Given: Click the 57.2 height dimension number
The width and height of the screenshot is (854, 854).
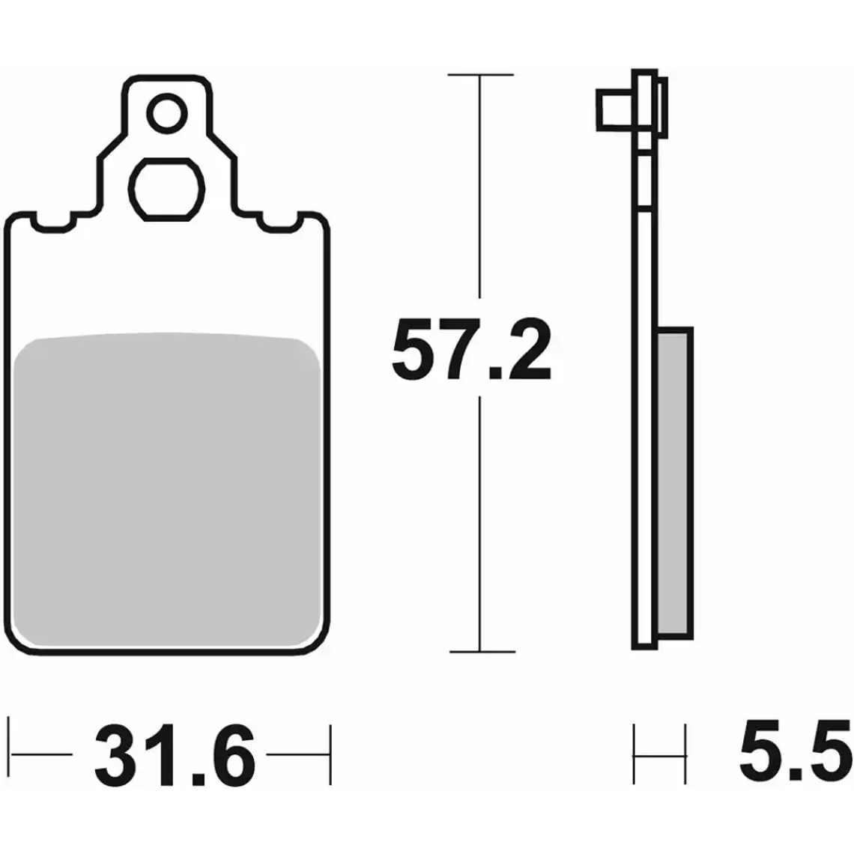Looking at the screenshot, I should click(471, 349).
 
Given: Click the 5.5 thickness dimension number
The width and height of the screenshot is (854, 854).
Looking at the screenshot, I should click(795, 748).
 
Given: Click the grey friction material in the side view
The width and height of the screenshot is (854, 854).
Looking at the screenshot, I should click(674, 483).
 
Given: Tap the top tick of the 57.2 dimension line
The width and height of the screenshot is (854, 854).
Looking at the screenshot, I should click(479, 75).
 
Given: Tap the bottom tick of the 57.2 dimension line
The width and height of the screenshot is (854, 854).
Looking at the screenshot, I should click(479, 651).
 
